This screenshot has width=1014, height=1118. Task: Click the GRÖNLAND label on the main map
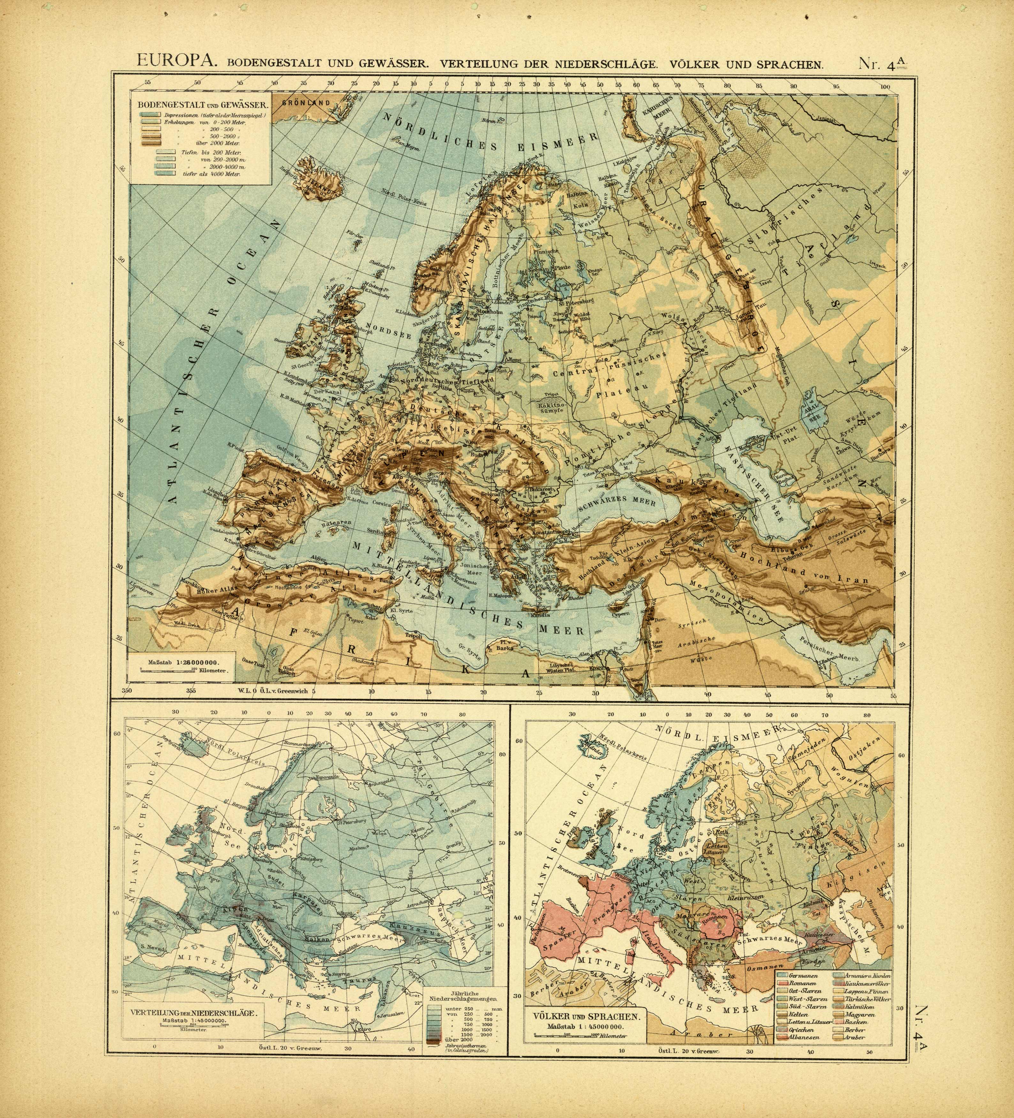[x=306, y=103]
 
